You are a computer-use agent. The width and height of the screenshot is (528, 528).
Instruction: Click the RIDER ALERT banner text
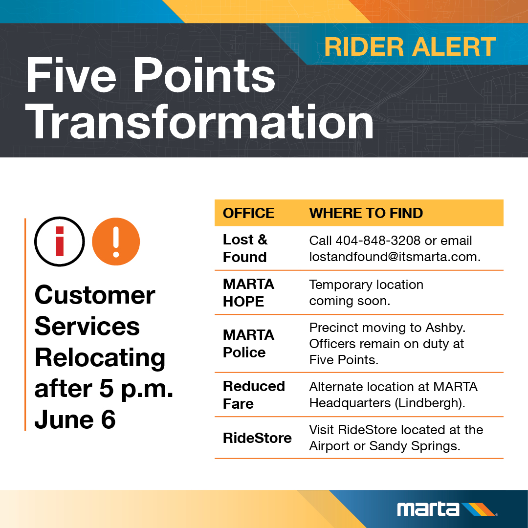pyautogui.click(x=410, y=47)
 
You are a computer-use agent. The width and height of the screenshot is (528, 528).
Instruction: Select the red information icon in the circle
pyautogui.click(x=59, y=242)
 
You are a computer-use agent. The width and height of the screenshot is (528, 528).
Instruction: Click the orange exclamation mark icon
pyautogui.click(x=116, y=242)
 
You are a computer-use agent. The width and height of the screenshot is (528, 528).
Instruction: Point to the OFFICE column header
pyautogui.click(x=248, y=213)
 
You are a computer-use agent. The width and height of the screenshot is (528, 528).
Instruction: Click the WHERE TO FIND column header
pyautogui.click(x=366, y=213)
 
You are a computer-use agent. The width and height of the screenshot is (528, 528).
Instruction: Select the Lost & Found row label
pyautogui.click(x=245, y=248)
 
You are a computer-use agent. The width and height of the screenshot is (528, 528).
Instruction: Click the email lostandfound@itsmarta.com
pyautogui.click(x=394, y=257)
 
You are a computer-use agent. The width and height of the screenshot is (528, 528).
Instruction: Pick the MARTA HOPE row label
pyautogui.click(x=248, y=292)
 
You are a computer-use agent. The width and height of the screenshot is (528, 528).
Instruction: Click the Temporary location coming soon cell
pyautogui.click(x=366, y=292)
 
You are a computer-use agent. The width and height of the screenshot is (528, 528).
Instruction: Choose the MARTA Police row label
pyautogui.click(x=248, y=343)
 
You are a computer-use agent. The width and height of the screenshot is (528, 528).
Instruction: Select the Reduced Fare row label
pyautogui.click(x=254, y=395)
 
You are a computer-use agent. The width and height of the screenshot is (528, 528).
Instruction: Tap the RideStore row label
pyautogui.click(x=257, y=438)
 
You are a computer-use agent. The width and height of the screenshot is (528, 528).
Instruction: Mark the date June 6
pyautogui.click(x=75, y=420)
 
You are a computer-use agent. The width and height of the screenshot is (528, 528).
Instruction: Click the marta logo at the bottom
pyautogui.click(x=446, y=509)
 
